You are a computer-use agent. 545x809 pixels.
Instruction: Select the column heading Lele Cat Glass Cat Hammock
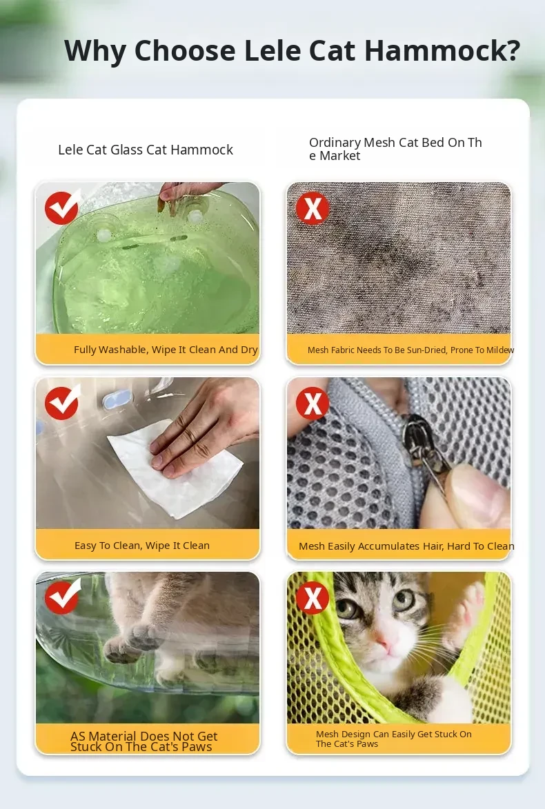[146, 150]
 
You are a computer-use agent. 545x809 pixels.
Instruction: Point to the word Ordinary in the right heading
[335, 142]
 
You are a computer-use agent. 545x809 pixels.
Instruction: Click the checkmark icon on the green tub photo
[63, 207]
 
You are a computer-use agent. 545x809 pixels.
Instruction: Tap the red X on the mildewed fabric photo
[313, 208]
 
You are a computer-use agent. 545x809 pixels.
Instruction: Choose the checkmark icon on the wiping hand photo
[63, 403]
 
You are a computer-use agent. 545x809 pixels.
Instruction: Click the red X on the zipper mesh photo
[313, 403]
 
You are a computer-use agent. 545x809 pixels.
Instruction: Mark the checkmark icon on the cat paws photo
[63, 597]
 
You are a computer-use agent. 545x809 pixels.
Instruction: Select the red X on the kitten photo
[313, 598]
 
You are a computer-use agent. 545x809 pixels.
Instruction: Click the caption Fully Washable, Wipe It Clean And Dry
[166, 349]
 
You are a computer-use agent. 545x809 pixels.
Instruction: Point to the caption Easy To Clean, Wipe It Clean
[142, 546]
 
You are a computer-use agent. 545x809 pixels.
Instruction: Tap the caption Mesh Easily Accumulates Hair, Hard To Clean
[407, 546]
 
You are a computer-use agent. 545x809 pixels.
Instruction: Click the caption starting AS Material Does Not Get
[144, 741]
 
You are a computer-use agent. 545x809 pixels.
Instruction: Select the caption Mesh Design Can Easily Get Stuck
[394, 739]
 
